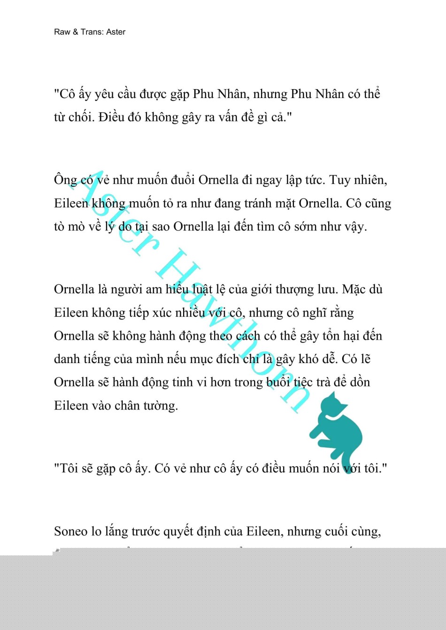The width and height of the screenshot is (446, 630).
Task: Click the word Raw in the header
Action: [62, 32]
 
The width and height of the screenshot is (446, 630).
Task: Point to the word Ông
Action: [65, 180]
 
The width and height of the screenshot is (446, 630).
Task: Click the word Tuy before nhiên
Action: [340, 180]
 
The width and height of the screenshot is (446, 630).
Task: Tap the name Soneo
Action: [71, 531]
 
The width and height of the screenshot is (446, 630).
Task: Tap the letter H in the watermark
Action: [178, 270]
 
